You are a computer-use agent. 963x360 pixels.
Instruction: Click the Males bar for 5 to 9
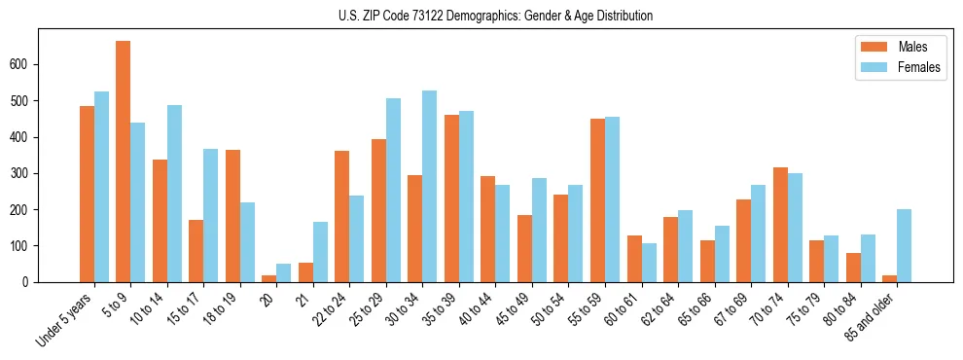pos(123,162)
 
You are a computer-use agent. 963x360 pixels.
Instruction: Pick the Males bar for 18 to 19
pos(232,216)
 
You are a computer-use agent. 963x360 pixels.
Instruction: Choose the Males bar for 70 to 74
pos(780,225)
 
